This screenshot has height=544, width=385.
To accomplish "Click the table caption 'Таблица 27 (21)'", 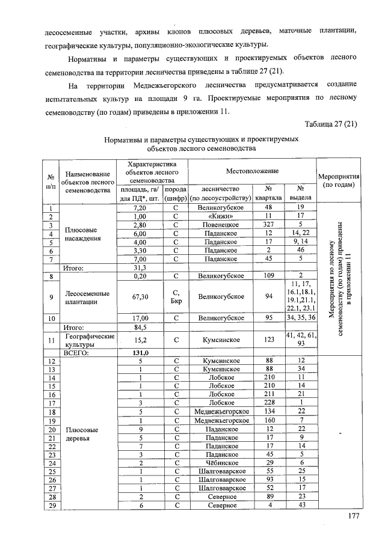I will (x=331, y=124).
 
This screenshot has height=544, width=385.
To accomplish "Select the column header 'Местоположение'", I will (x=252, y=171).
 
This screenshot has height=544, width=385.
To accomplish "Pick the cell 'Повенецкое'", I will (x=219, y=225).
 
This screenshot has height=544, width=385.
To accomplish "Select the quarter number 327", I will (x=269, y=225).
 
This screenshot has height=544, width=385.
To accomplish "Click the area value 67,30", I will (x=140, y=297).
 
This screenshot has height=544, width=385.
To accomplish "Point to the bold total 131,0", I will (x=140, y=353).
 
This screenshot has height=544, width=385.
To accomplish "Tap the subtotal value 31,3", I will (x=140, y=268).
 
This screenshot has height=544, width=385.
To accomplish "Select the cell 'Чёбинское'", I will (x=219, y=463).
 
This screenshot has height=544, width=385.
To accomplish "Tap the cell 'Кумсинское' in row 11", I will (x=219, y=340).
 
